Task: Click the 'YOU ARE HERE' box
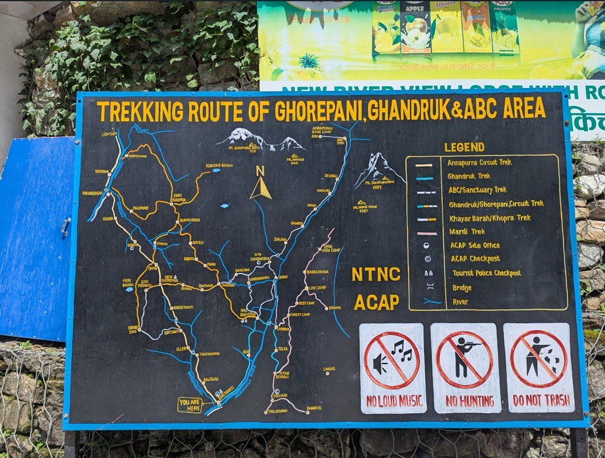pos(190,405)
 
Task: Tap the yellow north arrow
pos(260,187)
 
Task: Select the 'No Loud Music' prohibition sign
pos(393,369)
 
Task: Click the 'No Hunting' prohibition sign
pos(465,369)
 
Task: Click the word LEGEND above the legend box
pos(464,147)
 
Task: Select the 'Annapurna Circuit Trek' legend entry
pos(479,162)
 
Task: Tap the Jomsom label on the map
pos(109,134)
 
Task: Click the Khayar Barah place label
pos(218,165)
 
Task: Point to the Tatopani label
pos(102,172)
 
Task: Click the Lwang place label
pos(329,369)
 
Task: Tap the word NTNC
pos(375,274)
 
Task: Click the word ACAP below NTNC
pos(376,302)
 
